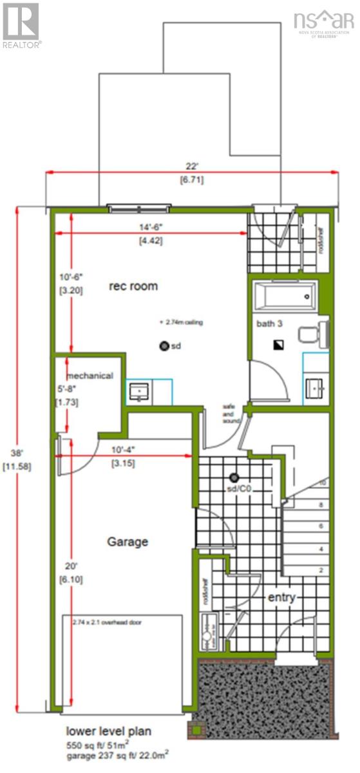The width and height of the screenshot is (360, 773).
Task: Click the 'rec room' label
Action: coord(133,286)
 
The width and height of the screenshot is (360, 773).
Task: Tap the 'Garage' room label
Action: coord(128,542)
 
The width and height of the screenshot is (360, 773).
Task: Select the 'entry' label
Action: coord(281,598)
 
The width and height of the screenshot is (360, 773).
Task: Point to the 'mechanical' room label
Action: coord(90,376)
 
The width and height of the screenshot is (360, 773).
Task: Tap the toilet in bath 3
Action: coord(316,333)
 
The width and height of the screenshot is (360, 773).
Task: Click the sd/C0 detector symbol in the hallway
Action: coord(234,477)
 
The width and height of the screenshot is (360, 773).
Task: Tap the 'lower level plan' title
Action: coord(109,731)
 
